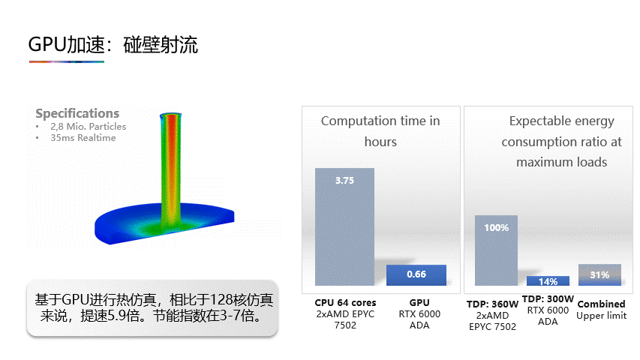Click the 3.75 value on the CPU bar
tap(344, 181)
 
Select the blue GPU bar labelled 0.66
tap(416, 275)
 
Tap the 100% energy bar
tap(496, 250)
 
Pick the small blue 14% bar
tap(548, 280)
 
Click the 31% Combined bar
tap(599, 274)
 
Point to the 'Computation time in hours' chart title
tap(380, 131)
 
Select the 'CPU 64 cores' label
tap(345, 303)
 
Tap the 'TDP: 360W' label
tap(492, 304)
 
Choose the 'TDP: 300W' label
tap(548, 299)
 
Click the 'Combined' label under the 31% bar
tap(601, 304)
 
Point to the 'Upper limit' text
tap(601, 316)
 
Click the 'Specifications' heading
tap(77, 113)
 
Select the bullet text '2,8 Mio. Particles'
tap(89, 127)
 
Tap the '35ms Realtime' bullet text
tap(83, 138)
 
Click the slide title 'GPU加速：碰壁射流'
tap(113, 44)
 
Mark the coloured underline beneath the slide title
tap(67, 62)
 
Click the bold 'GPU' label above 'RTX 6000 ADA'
tap(419, 303)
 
